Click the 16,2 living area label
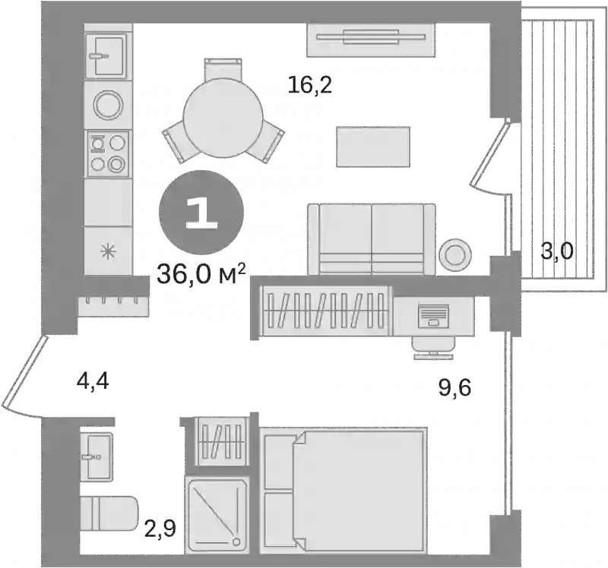(310, 85)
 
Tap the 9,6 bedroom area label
(454, 388)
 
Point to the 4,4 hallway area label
(93, 383)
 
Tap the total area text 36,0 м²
(201, 274)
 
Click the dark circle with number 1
(201, 213)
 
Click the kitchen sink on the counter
(106, 55)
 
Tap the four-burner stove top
(107, 154)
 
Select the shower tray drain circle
(236, 541)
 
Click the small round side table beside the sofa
(455, 254)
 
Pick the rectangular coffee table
(373, 147)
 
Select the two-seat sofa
(372, 239)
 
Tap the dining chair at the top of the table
(223, 71)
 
